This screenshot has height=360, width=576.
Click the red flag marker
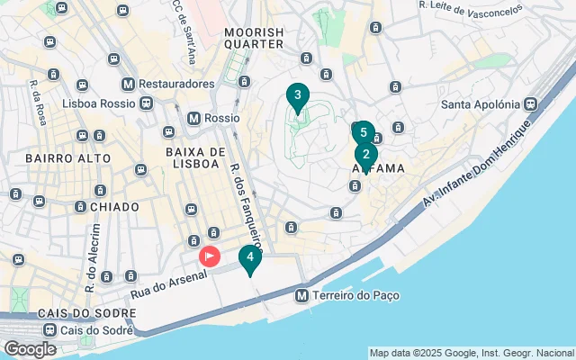click(x=209, y=256)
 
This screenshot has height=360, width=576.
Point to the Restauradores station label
click(x=176, y=84)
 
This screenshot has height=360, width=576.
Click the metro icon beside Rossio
click(x=193, y=118)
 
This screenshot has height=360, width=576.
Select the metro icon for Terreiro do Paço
click(x=302, y=295)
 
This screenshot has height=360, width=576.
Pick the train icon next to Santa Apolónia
click(x=534, y=103)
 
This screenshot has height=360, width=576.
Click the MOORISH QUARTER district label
click(x=253, y=37)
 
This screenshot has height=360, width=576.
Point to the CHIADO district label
click(x=114, y=207)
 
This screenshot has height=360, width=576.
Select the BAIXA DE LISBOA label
click(x=193, y=157)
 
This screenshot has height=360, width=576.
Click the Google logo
click(x=30, y=348)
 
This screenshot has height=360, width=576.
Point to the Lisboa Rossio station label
click(x=96, y=103)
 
